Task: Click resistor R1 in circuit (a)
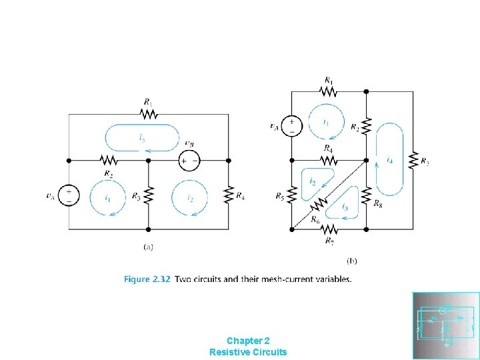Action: (x=149, y=114)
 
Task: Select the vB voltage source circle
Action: (x=190, y=161)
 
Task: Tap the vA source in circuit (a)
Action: (x=69, y=195)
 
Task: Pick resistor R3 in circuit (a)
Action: (x=149, y=195)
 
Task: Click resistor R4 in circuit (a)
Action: (x=228, y=195)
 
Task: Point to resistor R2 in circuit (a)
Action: (x=109, y=161)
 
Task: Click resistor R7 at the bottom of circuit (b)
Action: (x=329, y=229)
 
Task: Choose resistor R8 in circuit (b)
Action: (x=366, y=195)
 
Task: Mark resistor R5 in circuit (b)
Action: (x=291, y=195)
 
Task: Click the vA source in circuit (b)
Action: (x=291, y=125)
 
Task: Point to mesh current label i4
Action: (x=389, y=161)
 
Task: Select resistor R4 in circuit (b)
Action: (x=329, y=160)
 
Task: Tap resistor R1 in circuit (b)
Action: (x=329, y=91)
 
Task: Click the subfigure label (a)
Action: (x=149, y=246)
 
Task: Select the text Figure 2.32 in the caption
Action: (x=146, y=279)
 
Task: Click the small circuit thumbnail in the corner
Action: (x=445, y=325)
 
